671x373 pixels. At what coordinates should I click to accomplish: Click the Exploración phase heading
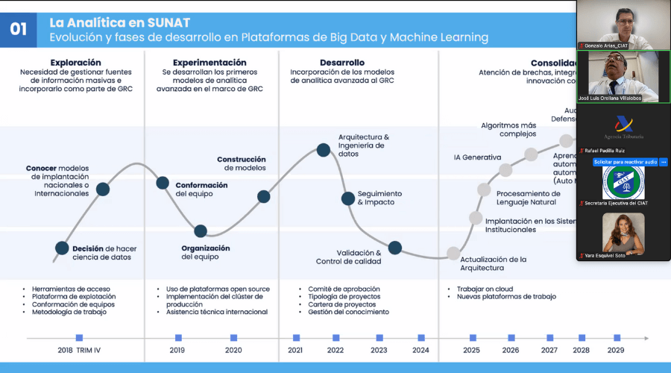point(76,63)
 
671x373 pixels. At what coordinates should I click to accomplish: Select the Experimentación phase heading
point(210,63)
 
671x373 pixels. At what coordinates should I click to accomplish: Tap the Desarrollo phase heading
point(342,63)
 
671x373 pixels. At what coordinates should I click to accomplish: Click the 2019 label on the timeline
point(177,350)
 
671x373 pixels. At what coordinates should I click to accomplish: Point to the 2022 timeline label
point(335,350)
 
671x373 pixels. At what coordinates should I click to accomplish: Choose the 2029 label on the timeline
point(617,350)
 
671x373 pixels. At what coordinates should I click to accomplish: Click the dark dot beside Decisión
point(63,248)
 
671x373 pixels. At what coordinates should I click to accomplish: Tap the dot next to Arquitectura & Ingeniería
point(323,150)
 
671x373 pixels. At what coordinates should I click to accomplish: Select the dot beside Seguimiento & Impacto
point(347,198)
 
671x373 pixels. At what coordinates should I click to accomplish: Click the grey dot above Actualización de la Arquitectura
point(453,253)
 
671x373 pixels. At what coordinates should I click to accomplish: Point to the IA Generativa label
point(477,157)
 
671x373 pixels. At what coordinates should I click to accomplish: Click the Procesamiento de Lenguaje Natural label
point(528,198)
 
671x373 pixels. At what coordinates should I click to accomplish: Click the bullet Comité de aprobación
point(344,289)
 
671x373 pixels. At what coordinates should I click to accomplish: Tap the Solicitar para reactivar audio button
point(626,162)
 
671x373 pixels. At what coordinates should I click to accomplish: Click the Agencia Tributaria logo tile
point(624,128)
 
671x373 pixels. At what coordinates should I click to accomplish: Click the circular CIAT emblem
point(623,183)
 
